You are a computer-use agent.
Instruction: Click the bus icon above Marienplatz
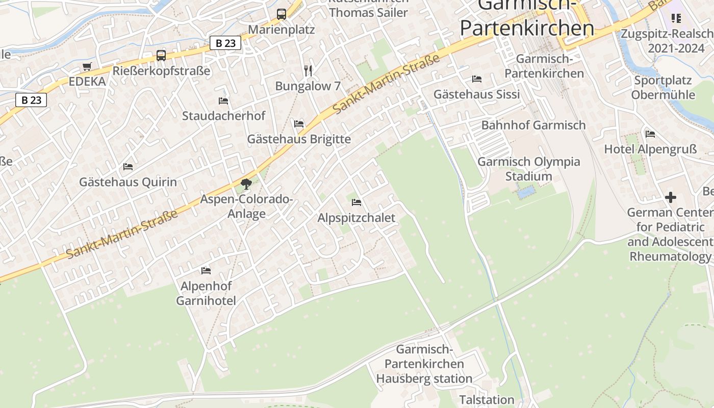click(282, 14)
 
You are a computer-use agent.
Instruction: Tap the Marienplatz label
click(282, 30)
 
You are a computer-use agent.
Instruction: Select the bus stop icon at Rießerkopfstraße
click(161, 56)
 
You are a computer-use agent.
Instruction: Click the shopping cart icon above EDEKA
click(87, 67)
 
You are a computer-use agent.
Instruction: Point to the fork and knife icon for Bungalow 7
click(308, 70)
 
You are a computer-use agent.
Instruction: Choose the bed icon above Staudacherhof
click(223, 101)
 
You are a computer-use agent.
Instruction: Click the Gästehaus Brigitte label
click(299, 139)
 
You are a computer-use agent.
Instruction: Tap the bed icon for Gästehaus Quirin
click(128, 167)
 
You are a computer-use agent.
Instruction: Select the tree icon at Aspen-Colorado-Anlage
click(246, 184)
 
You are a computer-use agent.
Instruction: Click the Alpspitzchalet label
click(356, 218)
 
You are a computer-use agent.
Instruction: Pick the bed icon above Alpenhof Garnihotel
click(206, 270)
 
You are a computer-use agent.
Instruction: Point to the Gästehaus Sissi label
click(476, 94)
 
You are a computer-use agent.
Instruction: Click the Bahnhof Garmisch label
click(533, 125)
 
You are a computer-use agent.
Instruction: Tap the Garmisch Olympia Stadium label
click(528, 169)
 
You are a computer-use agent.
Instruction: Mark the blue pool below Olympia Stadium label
click(526, 193)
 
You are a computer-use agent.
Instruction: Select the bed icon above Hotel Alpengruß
click(650, 134)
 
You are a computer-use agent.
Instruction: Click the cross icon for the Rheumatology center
click(671, 197)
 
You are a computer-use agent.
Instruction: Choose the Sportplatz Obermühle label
click(663, 88)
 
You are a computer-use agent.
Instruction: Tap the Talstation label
click(487, 399)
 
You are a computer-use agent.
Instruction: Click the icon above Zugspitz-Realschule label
click(676, 19)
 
